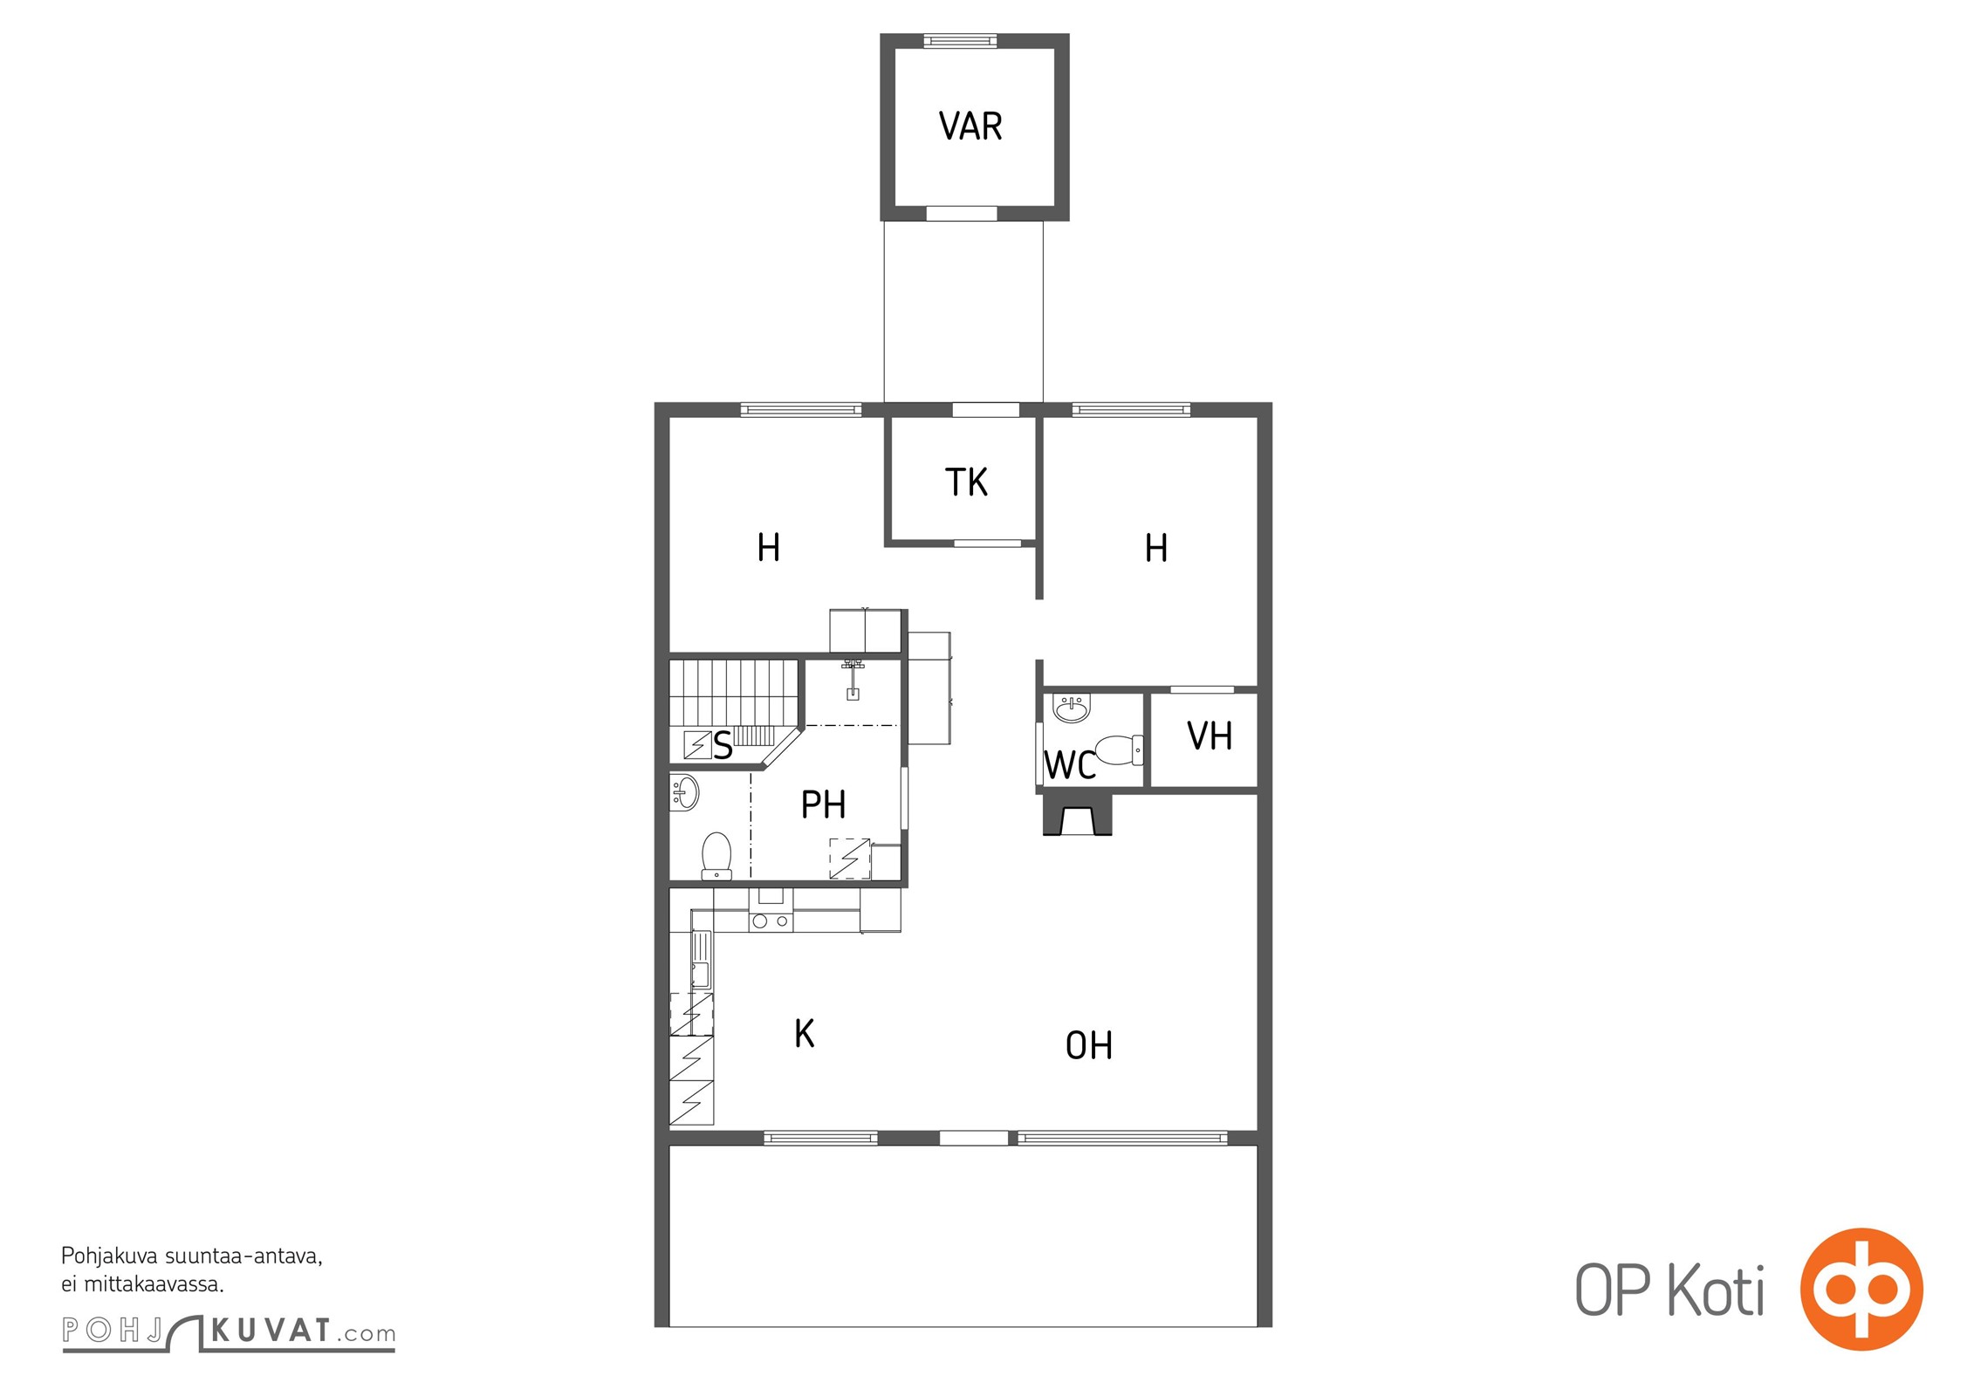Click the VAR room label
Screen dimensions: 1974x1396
pos(970,127)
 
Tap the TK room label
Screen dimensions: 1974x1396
pos(966,482)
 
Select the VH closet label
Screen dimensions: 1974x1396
pos(1210,736)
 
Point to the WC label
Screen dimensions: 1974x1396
pos(1070,765)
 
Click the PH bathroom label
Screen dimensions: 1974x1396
pos(823,804)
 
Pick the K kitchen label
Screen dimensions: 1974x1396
pos(805,1034)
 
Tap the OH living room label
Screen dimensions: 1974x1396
pos(1089,1045)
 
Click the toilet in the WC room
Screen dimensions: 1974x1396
pos(1118,749)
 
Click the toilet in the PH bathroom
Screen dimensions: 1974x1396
pos(716,855)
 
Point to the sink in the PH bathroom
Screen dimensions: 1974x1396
pos(684,792)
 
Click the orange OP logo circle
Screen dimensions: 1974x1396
pos(1861,1290)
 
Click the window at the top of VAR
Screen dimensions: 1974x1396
pos(959,40)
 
